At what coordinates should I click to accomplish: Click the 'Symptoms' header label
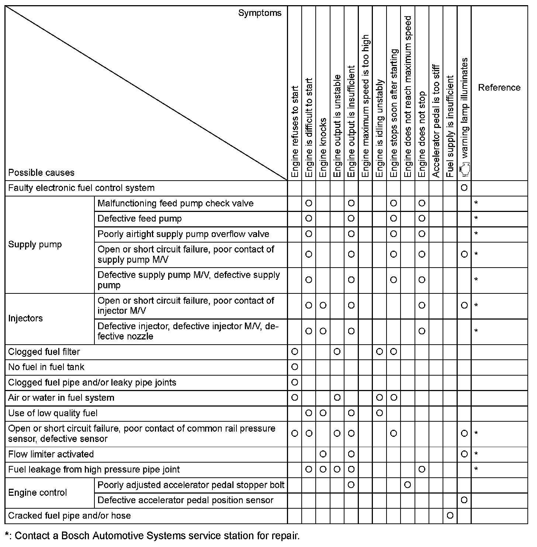pyautogui.click(x=260, y=13)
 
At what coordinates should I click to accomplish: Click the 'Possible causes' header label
pyautogui.click(x=41, y=173)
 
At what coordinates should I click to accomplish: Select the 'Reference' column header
pyautogui.click(x=499, y=87)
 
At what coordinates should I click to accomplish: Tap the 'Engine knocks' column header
pyautogui.click(x=323, y=147)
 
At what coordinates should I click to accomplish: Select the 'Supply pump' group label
pyautogui.click(x=35, y=244)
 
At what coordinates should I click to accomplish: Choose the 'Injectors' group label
pyautogui.click(x=25, y=318)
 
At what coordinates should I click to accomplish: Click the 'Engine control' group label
pyautogui.click(x=38, y=492)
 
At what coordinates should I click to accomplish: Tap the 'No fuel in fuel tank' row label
pyautogui.click(x=46, y=367)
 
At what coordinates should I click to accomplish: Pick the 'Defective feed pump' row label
pyautogui.click(x=139, y=219)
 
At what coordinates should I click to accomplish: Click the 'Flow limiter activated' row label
pyautogui.click(x=51, y=454)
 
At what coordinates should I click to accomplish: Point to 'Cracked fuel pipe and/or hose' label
pyautogui.click(x=69, y=515)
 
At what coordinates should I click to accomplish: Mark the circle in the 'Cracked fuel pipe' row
pyautogui.click(x=450, y=515)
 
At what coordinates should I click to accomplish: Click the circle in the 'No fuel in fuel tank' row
pyautogui.click(x=295, y=367)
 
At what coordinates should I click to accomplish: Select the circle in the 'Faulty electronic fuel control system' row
pyautogui.click(x=464, y=188)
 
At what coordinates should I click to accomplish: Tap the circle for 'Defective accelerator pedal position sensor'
pyautogui.click(x=464, y=500)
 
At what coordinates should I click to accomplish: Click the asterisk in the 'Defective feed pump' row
pyautogui.click(x=476, y=219)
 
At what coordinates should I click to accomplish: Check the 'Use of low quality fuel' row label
pyautogui.click(x=53, y=413)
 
